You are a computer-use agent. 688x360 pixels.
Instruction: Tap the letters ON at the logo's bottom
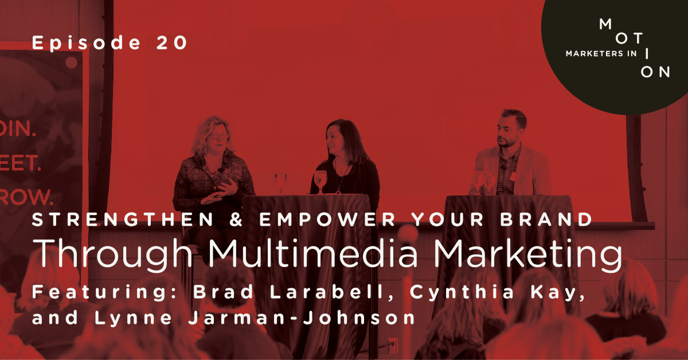click(654, 72)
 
